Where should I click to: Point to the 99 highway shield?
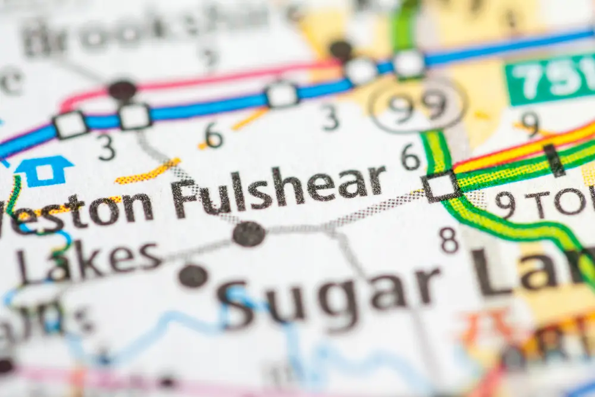click(417, 107)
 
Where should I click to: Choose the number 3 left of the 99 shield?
click(331, 117)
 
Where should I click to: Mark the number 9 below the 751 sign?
click(529, 124)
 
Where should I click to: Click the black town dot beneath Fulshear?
click(249, 234)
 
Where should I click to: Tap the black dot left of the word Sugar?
click(193, 276)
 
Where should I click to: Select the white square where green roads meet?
click(441, 186)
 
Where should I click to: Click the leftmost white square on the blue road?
click(70, 124)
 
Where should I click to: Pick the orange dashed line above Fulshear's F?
click(148, 171)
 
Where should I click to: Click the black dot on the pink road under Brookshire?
click(122, 90)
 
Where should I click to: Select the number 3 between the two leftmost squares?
click(107, 148)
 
